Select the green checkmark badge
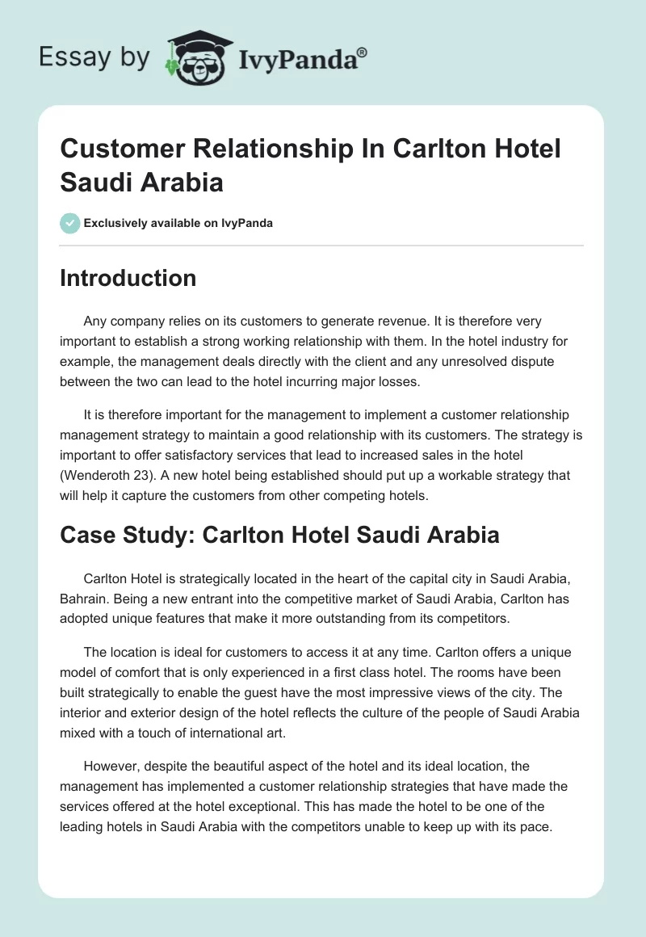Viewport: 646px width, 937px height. tap(70, 223)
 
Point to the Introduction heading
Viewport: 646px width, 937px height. tap(128, 278)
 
